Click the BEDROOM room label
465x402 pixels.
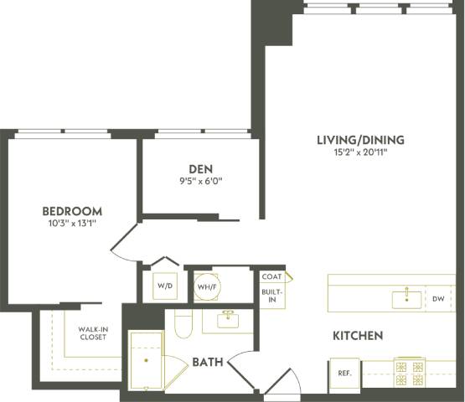pyautogui.click(x=72, y=211)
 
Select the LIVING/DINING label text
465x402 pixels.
pyautogui.click(x=360, y=139)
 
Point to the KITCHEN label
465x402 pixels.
pyautogui.click(x=358, y=336)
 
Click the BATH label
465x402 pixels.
pyautogui.click(x=207, y=363)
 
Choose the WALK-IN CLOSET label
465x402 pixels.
pyautogui.click(x=93, y=333)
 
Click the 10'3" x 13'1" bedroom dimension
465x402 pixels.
pyautogui.click(x=72, y=224)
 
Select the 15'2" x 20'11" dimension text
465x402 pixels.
pyautogui.click(x=360, y=152)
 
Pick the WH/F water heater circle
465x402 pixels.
pyautogui.click(x=207, y=286)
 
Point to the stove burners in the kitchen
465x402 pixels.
pyautogui.click(x=411, y=373)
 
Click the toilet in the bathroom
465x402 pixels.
pyautogui.click(x=183, y=323)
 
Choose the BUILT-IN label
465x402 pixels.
pyautogui.click(x=271, y=296)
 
